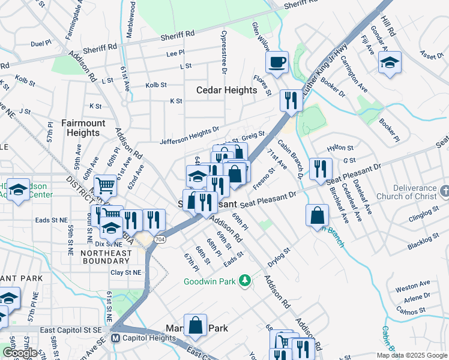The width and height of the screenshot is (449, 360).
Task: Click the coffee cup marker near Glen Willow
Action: tap(277, 62)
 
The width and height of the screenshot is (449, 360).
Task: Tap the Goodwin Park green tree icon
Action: tap(244, 280)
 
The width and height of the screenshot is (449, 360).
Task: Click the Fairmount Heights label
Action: tap(83, 128)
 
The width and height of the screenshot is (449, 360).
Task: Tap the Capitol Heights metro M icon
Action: tap(116, 338)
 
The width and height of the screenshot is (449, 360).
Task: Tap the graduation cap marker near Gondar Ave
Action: tap(390, 63)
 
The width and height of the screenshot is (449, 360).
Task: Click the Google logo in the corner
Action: tap(19, 353)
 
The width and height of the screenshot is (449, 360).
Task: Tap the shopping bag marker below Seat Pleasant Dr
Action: tap(316, 215)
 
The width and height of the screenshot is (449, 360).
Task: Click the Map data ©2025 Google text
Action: tap(411, 355)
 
